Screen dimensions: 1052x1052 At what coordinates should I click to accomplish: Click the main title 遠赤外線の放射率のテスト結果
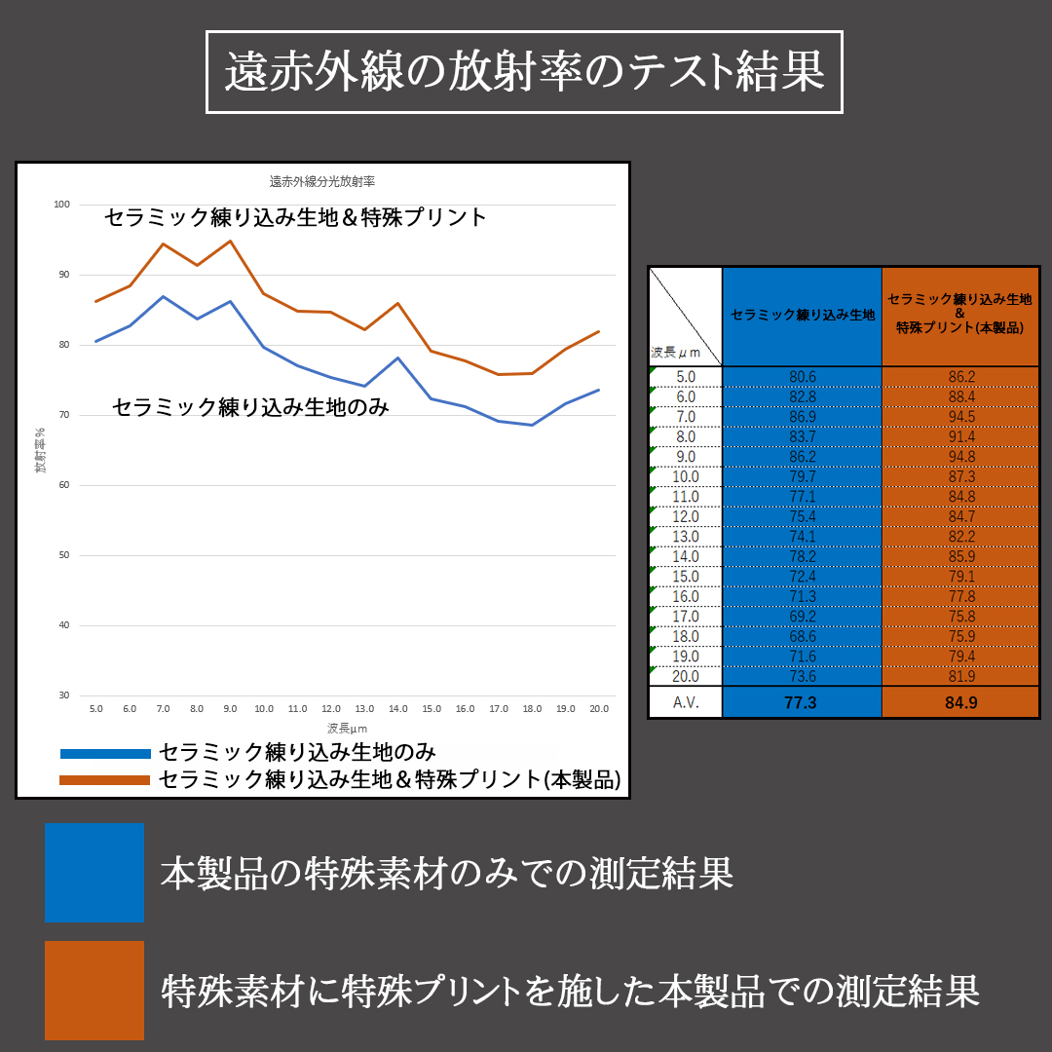tap(524, 73)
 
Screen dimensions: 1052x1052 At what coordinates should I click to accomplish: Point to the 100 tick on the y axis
tap(62, 205)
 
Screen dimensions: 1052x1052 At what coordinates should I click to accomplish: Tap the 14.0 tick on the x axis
tap(397, 709)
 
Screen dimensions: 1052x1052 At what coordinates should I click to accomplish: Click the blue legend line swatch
tap(105, 753)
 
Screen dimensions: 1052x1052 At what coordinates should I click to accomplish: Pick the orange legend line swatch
tap(105, 779)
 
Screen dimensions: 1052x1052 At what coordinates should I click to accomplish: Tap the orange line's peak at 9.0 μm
tap(230, 241)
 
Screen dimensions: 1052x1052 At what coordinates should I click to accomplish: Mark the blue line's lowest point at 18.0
tap(532, 425)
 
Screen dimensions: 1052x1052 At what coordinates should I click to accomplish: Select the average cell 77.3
tap(801, 702)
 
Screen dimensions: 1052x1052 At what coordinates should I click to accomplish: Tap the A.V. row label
tap(686, 702)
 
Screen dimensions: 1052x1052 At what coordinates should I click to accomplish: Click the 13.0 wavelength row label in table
tap(686, 537)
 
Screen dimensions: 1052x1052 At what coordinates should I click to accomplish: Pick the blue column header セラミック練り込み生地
tap(802, 315)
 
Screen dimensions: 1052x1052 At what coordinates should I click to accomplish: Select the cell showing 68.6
tap(802, 636)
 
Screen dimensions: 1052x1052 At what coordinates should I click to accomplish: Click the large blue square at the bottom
tap(94, 873)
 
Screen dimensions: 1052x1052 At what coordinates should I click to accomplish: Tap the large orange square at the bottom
tap(94, 990)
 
